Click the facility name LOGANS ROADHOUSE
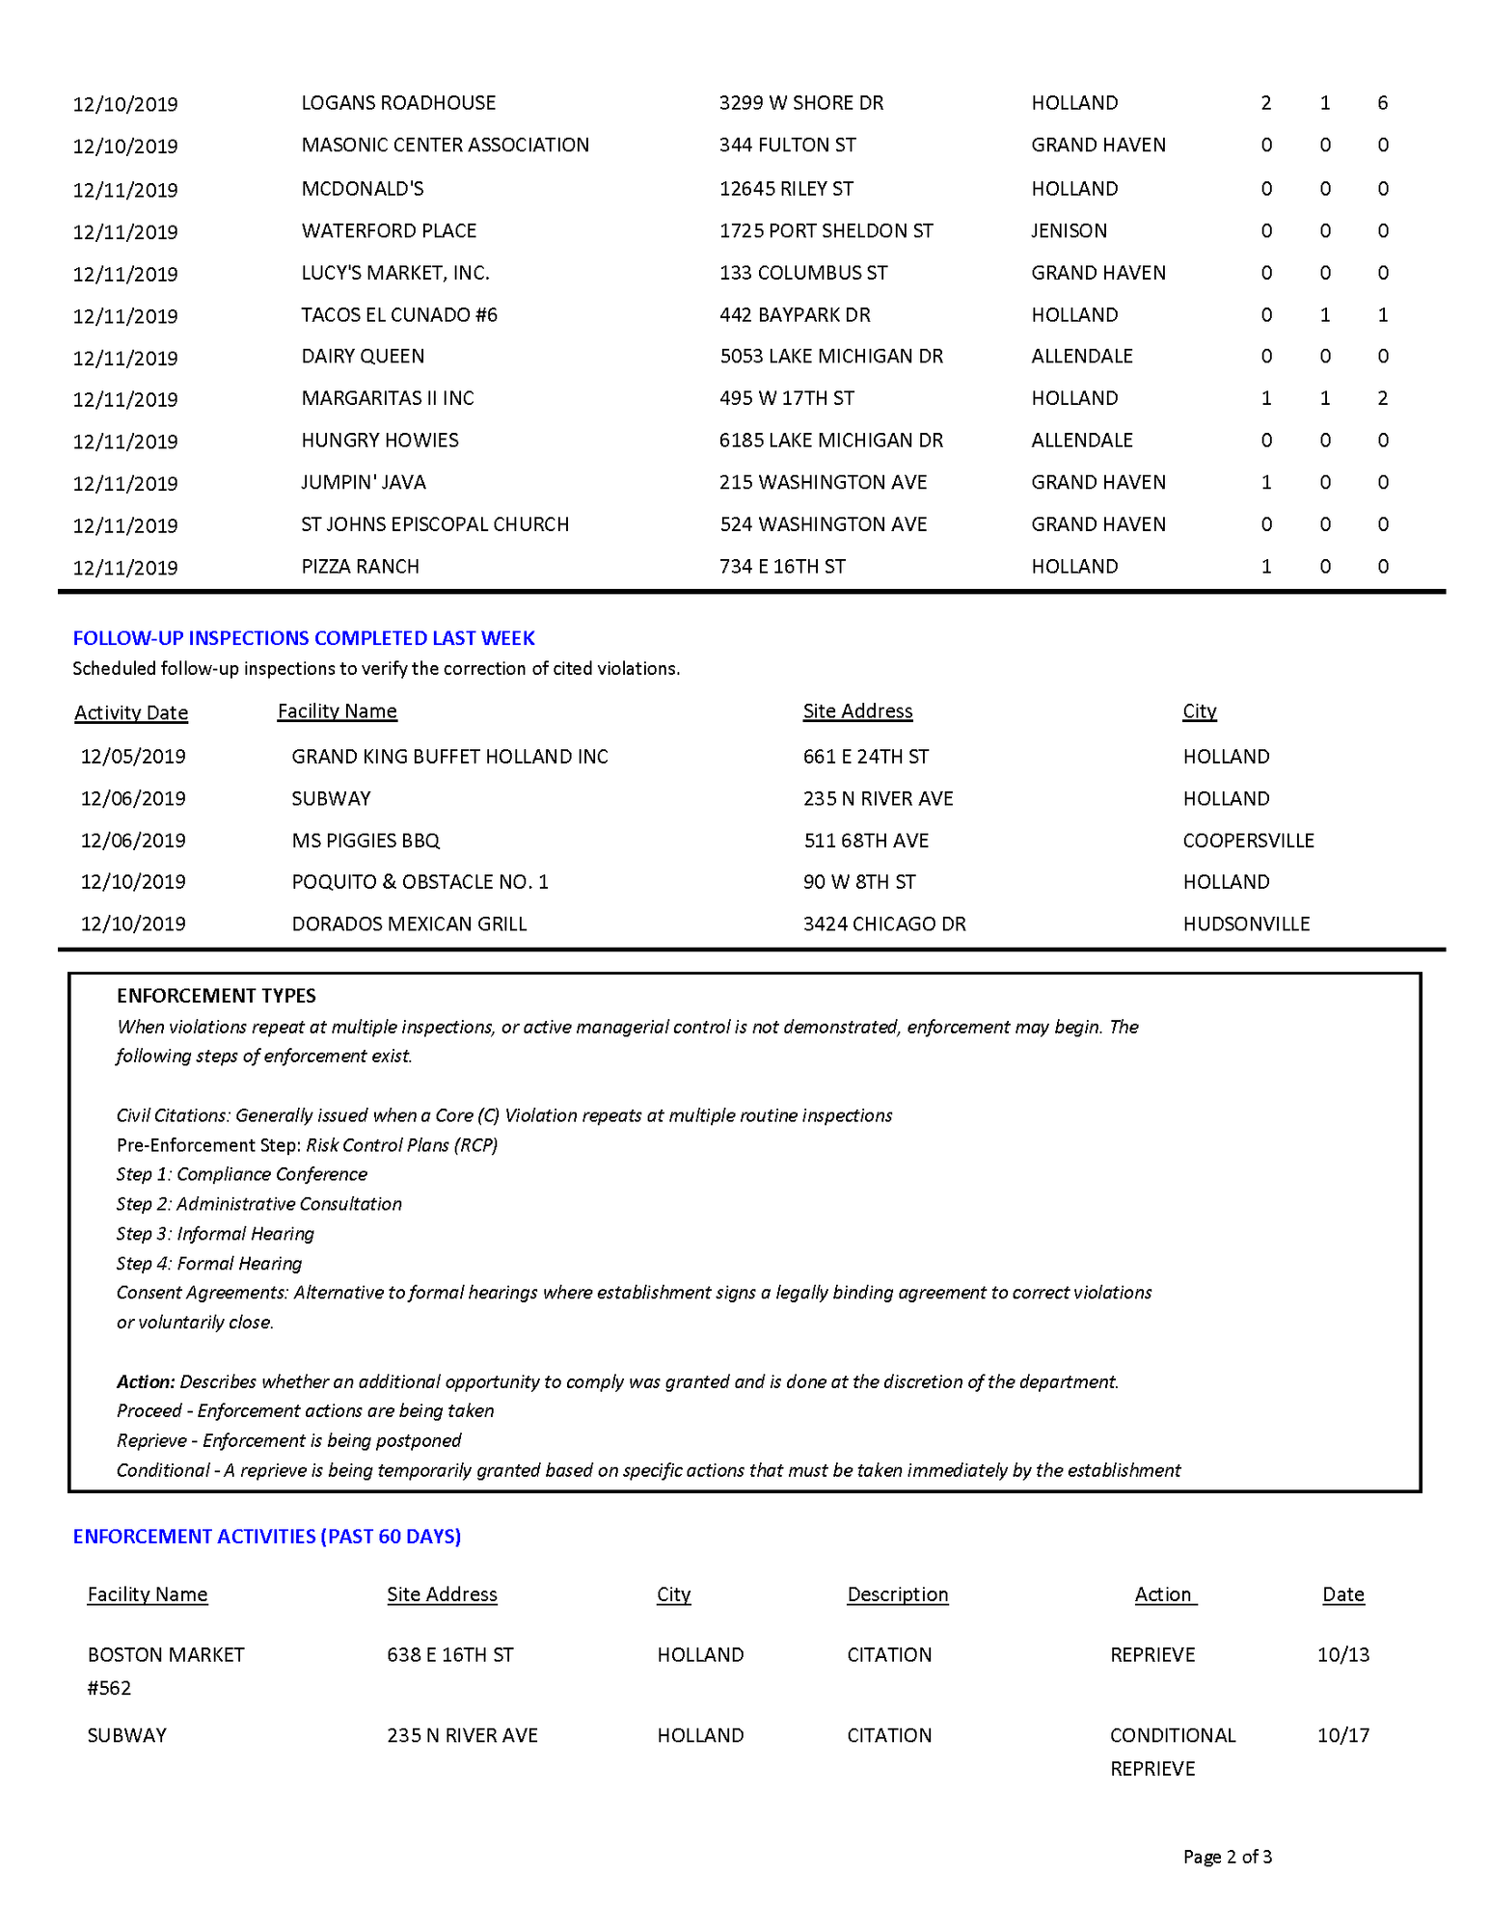coord(398,103)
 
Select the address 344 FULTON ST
coord(787,146)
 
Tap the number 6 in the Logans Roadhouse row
coord(1382,103)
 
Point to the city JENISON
coord(1069,231)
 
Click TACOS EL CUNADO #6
coord(399,315)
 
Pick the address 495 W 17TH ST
coord(786,398)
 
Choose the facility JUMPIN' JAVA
coord(364,482)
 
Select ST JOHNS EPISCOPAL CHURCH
coord(435,524)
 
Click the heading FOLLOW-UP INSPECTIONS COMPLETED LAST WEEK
coord(304,638)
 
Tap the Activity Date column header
coord(131,712)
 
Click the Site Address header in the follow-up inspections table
coord(857,711)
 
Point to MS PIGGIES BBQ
coord(366,841)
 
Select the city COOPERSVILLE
coord(1248,841)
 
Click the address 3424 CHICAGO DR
coord(884,924)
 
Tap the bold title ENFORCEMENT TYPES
coord(216,996)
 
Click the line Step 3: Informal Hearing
coord(215,1234)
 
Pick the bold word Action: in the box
coord(146,1381)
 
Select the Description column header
coord(897,1594)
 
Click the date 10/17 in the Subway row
coord(1342,1735)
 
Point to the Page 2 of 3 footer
coord(1227,1857)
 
